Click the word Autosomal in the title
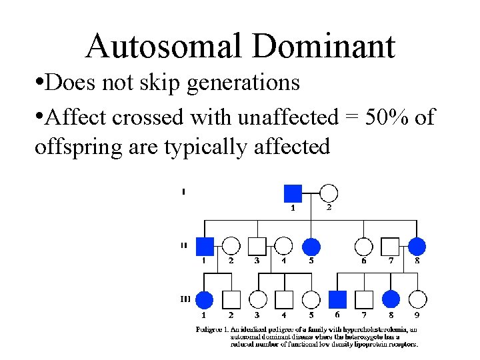point(163,46)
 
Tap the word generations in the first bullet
point(242,83)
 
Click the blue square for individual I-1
point(293,193)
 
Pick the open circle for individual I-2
point(328,193)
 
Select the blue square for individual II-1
point(205,247)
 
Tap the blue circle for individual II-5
point(311,247)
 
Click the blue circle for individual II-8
point(417,247)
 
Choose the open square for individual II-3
point(257,247)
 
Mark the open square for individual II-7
point(391,247)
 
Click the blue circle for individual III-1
point(205,300)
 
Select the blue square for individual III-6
point(338,300)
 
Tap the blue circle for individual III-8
point(391,300)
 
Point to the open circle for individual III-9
point(417,300)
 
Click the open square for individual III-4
point(284,300)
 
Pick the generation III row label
point(185,299)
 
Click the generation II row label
point(183,245)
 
